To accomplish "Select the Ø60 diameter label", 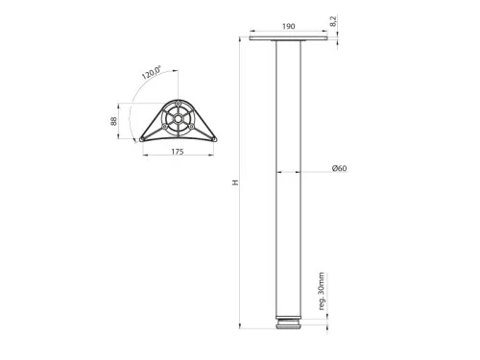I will click(339, 170).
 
